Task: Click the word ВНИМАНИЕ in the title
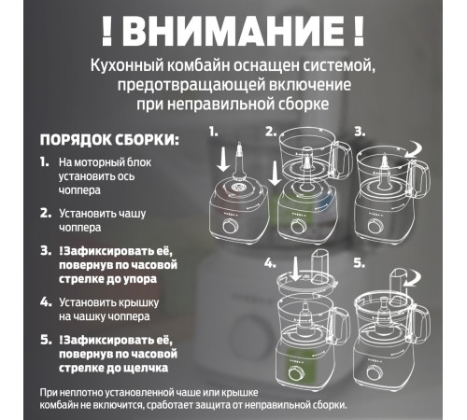point(233,31)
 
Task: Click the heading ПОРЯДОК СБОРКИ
point(108,140)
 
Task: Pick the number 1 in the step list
point(45,162)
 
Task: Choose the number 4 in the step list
point(45,301)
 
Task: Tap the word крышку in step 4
point(163,302)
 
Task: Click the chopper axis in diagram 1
point(240,163)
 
